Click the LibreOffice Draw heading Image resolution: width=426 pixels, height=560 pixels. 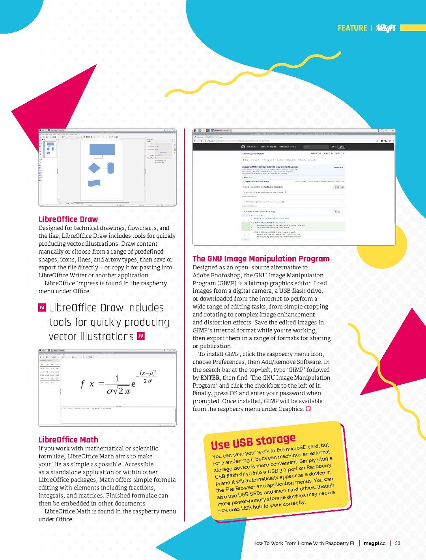[x=68, y=219]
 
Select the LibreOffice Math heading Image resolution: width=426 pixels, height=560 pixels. [x=68, y=440]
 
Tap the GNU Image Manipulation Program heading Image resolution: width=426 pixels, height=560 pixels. [x=261, y=259]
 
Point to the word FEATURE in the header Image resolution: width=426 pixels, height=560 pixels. [x=352, y=28]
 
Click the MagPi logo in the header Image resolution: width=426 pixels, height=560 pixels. [x=385, y=28]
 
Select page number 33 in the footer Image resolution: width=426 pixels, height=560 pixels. [x=398, y=543]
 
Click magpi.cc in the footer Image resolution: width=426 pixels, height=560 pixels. [x=374, y=543]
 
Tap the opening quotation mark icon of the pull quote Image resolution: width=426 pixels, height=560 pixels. [x=42, y=308]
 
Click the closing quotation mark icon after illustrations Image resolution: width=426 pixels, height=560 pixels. [x=141, y=336]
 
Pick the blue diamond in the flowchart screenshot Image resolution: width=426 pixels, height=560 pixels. [x=94, y=168]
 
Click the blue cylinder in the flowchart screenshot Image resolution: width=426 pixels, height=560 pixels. [x=110, y=168]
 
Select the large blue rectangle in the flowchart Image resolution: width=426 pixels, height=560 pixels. [x=102, y=149]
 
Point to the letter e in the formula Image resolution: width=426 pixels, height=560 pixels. [x=133, y=384]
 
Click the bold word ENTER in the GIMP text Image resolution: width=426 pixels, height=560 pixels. [x=210, y=377]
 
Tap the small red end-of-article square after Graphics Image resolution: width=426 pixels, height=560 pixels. [x=308, y=409]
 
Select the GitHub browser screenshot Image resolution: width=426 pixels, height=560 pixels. [x=294, y=187]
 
